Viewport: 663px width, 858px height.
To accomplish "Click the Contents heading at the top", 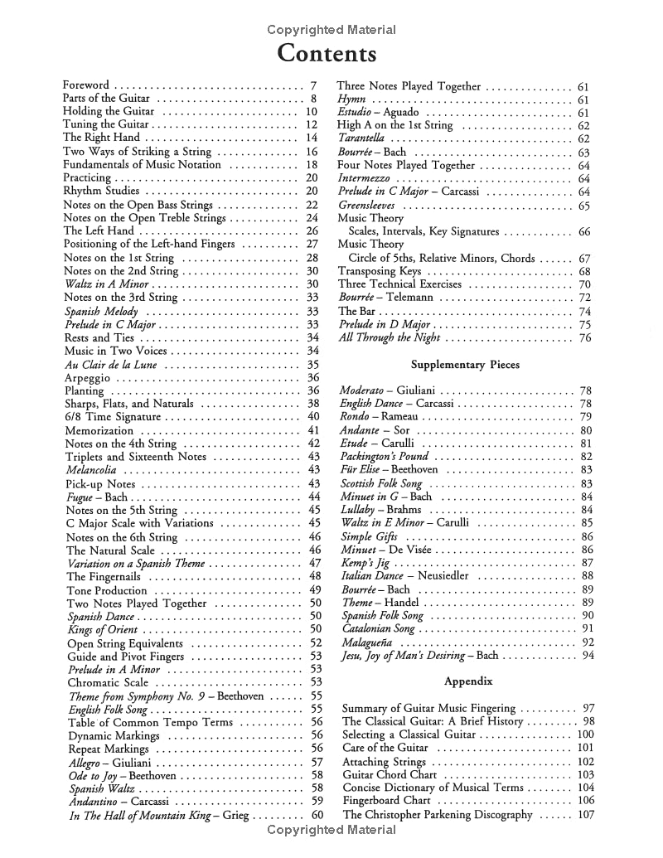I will click(327, 54).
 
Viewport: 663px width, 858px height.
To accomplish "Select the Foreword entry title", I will click(86, 85).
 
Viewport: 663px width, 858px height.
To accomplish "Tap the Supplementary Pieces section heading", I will click(465, 364).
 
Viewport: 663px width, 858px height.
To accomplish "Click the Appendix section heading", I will click(468, 681).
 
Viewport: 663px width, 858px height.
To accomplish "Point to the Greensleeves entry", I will click(366, 206).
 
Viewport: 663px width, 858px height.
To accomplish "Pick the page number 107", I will click(586, 815).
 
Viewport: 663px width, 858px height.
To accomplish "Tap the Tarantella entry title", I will click(361, 138).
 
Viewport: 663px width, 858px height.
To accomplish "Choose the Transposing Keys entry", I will click(379, 271).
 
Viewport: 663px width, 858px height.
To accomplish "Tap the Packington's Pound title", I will click(384, 457).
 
